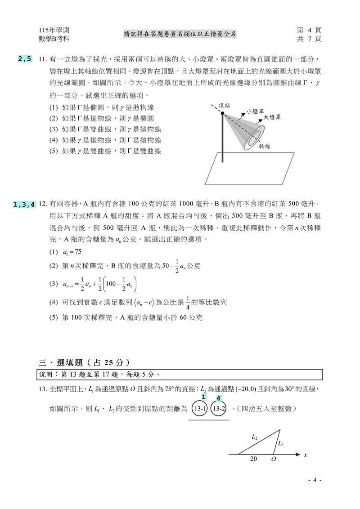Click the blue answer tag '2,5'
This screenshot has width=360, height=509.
pos(25,58)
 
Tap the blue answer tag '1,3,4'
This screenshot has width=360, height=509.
pos(25,205)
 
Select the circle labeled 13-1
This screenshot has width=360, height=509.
pos(199,409)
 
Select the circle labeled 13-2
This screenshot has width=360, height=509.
pos(219,409)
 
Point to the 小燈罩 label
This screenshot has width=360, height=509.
pos(255,111)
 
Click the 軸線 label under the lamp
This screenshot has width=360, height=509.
pos(265,146)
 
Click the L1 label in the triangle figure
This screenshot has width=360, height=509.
pos(281,444)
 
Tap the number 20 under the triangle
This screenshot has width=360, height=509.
pos(254,459)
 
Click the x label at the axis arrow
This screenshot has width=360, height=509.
pos(305,455)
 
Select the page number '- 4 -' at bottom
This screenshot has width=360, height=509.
pos(315,480)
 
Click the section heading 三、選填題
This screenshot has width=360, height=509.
pos(85,362)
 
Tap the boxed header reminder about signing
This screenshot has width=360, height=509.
pos(180,34)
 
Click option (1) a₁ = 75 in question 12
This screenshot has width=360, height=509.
pos(65,252)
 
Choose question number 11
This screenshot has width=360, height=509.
pos(43,59)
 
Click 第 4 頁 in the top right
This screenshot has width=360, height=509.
pos(309,30)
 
